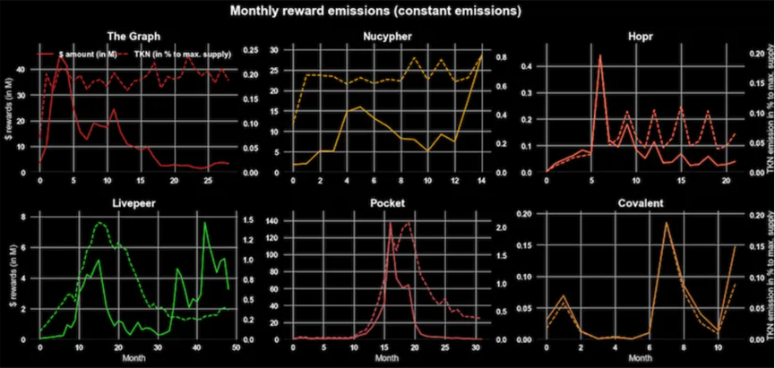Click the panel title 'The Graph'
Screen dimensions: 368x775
click(x=133, y=36)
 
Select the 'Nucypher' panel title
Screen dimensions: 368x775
click(x=387, y=36)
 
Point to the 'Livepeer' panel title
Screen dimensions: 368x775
click(x=133, y=204)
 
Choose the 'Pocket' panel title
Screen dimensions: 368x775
click(x=387, y=204)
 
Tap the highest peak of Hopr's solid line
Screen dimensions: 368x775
click(x=599, y=56)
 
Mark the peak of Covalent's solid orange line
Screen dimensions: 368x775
click(x=667, y=223)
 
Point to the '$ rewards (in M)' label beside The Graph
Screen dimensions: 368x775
click(x=9, y=116)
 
